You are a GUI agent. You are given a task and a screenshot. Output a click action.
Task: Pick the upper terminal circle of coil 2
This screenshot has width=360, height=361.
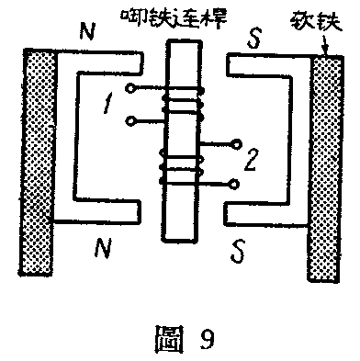coord(237,144)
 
